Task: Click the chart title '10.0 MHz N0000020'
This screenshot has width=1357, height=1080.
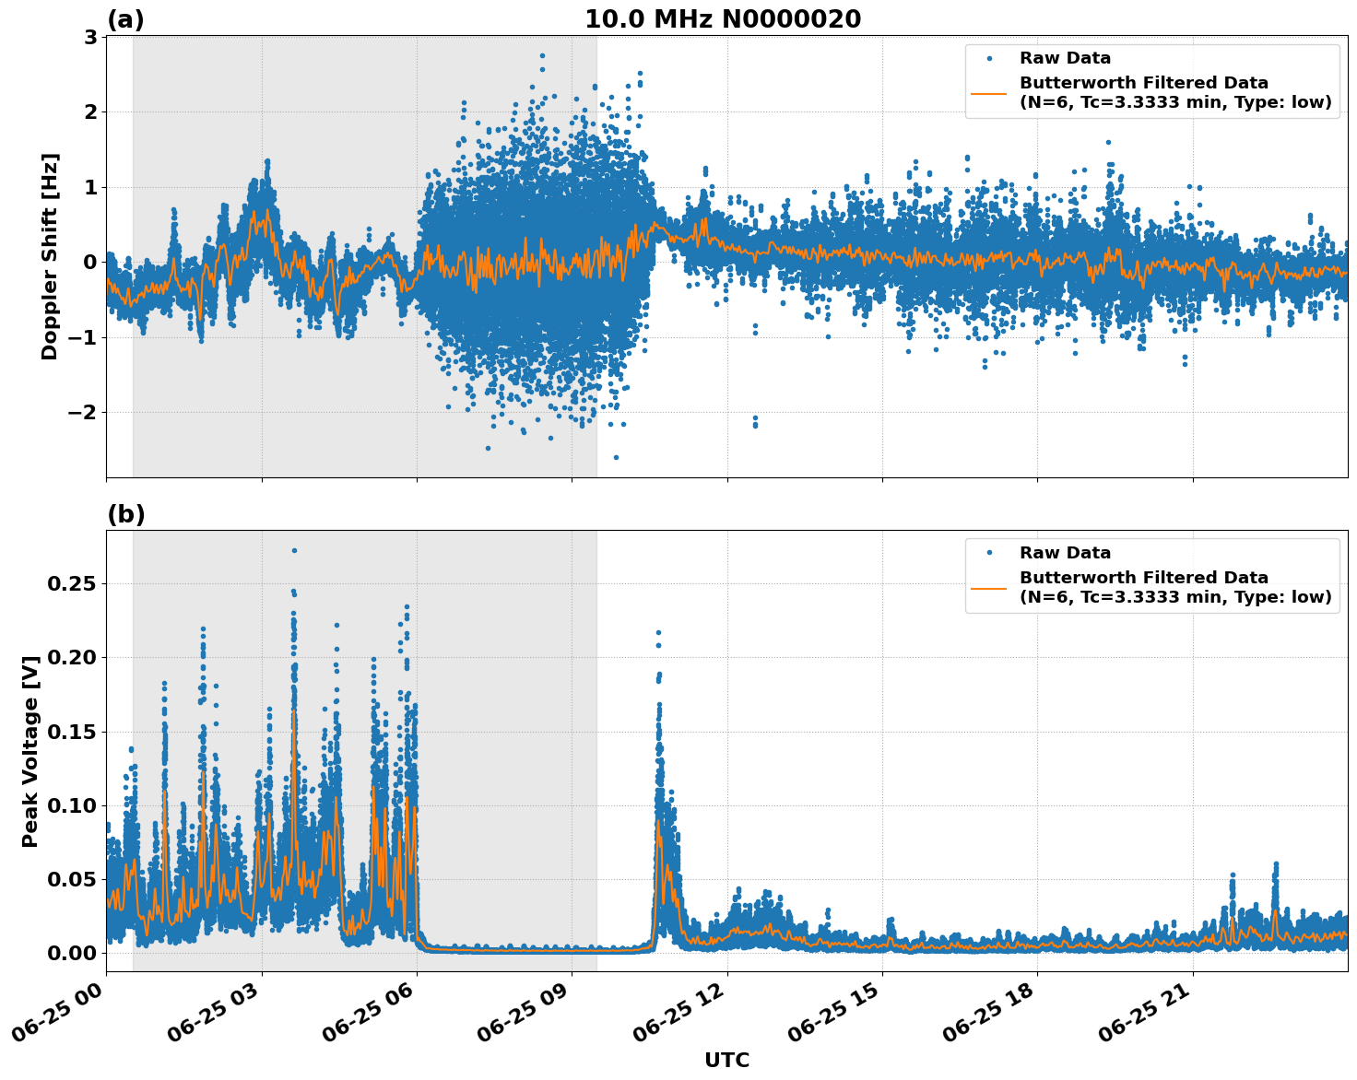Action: (723, 19)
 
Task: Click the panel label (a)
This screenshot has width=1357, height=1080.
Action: (125, 19)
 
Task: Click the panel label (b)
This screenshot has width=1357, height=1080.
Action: (125, 514)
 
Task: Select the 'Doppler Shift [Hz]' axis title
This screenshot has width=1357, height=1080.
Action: (50, 256)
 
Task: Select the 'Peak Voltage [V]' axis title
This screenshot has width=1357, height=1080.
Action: (30, 751)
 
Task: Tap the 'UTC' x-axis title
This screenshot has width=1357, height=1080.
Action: (726, 1060)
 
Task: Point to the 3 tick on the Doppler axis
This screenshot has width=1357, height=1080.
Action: (90, 37)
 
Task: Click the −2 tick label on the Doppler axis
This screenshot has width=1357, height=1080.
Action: (82, 412)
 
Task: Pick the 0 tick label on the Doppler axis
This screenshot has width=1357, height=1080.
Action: (90, 262)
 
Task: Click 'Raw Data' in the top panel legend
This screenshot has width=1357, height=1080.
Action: (1065, 58)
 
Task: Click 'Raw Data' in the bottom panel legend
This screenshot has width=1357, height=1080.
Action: (1065, 553)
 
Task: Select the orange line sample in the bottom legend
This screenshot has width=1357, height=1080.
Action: (989, 587)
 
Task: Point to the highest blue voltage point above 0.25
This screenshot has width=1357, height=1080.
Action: (294, 550)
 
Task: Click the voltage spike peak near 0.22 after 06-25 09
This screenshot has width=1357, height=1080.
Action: (658, 632)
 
